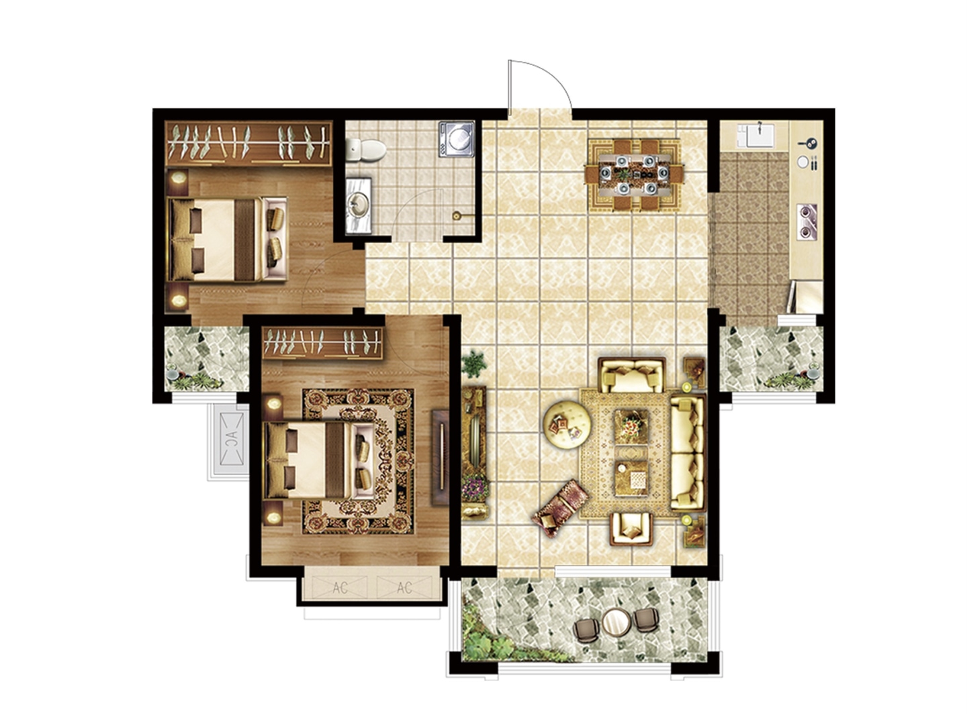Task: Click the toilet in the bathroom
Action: click(365, 150)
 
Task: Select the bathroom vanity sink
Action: click(359, 205)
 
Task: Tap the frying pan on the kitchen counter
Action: click(808, 142)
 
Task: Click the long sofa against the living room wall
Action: click(688, 453)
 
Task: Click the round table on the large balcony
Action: click(616, 622)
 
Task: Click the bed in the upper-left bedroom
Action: click(227, 239)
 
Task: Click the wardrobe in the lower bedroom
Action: click(322, 344)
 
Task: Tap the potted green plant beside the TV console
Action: click(473, 364)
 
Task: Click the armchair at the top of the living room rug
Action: click(632, 375)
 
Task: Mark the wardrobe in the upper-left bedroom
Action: click(248, 144)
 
